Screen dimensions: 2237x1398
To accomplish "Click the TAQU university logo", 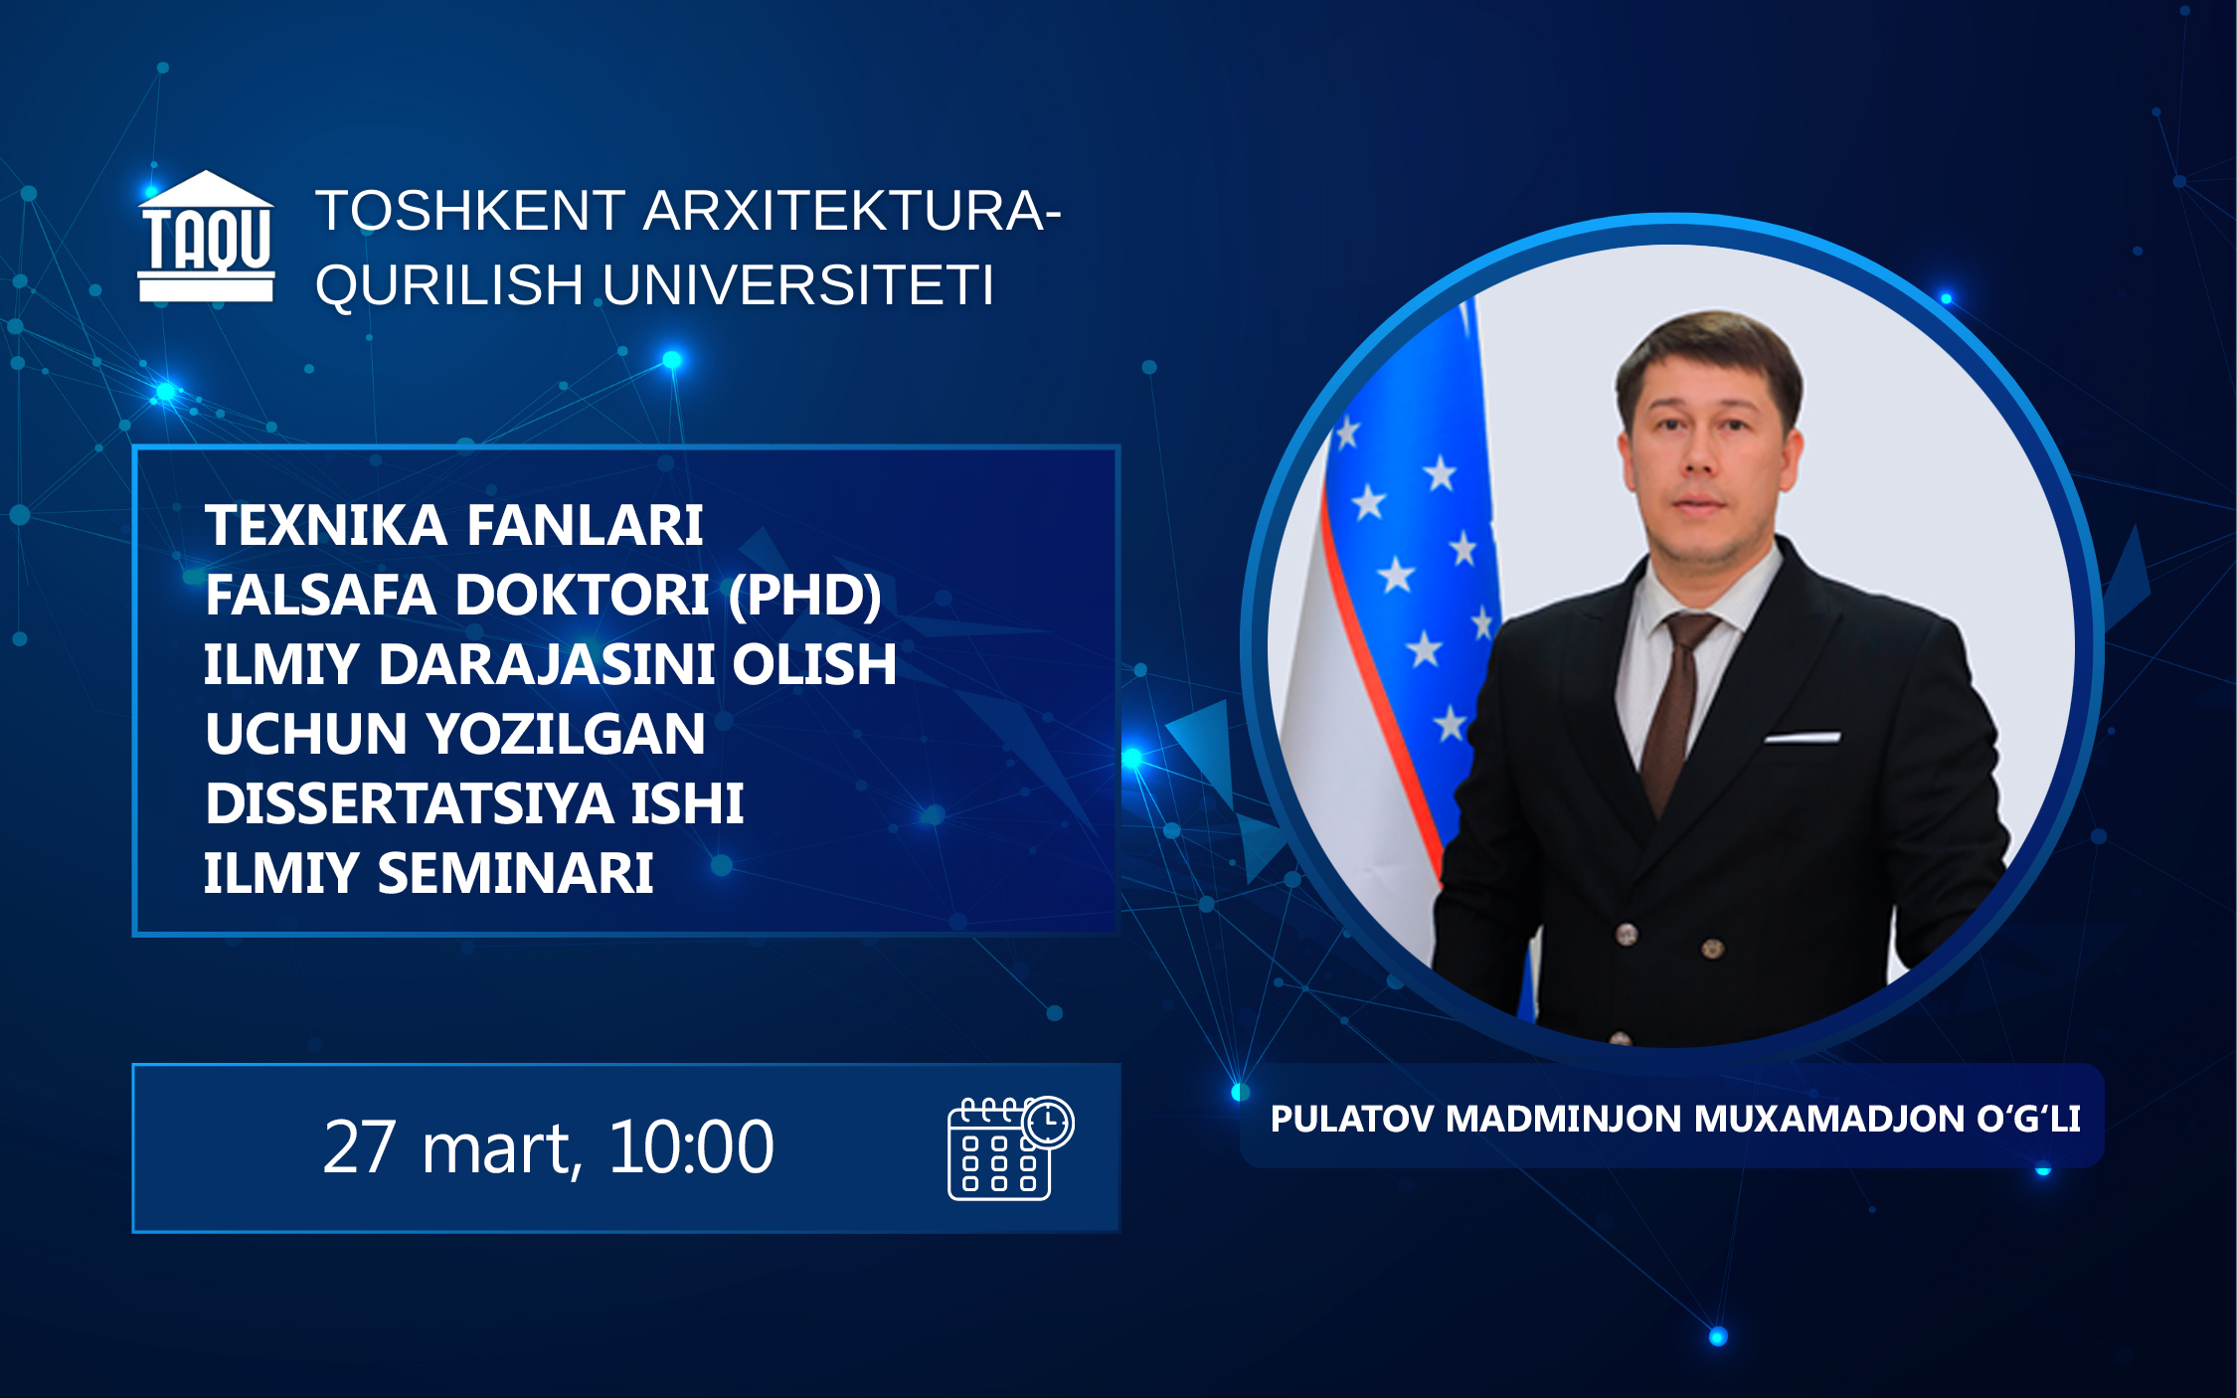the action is [206, 237].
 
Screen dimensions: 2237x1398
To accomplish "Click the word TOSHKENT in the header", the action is [470, 211].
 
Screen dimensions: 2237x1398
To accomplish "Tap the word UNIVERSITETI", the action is [798, 285].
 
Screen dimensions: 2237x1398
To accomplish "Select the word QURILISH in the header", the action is [449, 286].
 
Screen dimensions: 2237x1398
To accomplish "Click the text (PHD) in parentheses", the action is [804, 596].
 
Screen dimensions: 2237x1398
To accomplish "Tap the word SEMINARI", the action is [515, 873].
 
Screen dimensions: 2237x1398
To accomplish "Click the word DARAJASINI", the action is [546, 664].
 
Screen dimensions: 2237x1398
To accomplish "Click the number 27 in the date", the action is [360, 1147].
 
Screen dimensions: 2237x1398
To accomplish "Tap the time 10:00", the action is [691, 1147].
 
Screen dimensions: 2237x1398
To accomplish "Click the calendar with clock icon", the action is [1010, 1147].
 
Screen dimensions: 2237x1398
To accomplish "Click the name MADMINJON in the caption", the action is [1564, 1119].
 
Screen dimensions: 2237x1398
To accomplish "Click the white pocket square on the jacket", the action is [1802, 737].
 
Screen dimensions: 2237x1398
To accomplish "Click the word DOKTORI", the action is [583, 595].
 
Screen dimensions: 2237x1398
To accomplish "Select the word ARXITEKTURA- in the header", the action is [852, 211].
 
